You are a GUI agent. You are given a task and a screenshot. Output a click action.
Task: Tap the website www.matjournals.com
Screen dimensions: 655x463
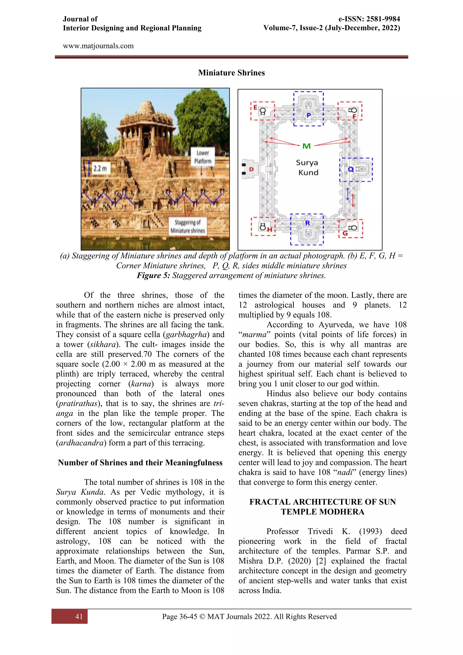click(98, 46)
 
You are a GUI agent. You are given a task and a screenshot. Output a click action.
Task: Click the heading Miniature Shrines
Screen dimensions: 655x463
click(231, 73)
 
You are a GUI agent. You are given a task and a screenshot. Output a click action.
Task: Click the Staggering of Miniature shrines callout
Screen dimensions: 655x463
click(188, 226)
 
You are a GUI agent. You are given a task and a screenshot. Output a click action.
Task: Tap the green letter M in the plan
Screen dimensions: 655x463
click(307, 146)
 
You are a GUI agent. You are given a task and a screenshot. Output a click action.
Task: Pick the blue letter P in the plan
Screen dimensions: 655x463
click(308, 116)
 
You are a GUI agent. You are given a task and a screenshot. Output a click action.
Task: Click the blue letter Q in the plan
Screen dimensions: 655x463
click(351, 169)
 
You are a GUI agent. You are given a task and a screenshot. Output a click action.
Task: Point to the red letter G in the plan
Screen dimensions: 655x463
click(345, 233)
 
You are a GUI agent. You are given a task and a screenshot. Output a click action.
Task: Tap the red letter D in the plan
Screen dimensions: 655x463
click(251, 169)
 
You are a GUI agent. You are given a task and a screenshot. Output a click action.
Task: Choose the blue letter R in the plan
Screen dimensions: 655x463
click(307, 223)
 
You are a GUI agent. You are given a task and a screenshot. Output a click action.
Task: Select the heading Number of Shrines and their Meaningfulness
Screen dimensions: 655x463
click(140, 463)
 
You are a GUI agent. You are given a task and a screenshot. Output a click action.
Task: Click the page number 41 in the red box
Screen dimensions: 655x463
click(79, 617)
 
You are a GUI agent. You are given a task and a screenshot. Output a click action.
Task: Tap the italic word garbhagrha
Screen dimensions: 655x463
click(186, 335)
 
